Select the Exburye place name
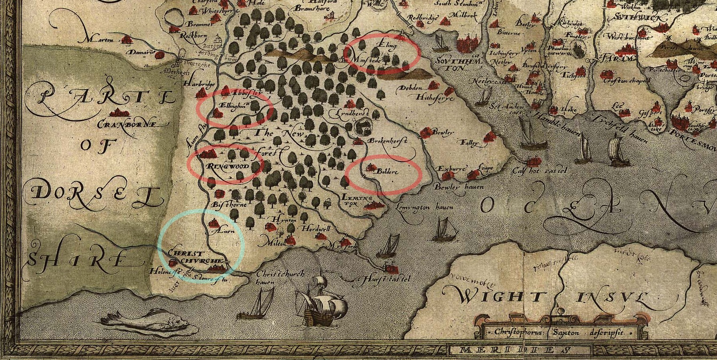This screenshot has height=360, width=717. [452, 168]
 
